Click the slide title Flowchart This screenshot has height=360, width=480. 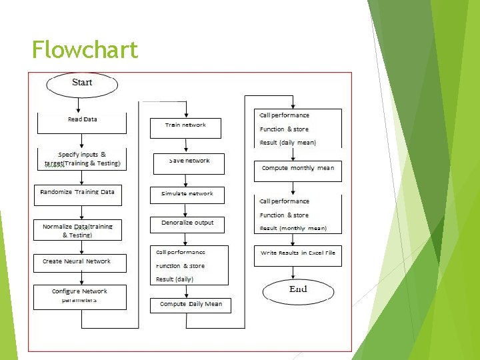pos(85,49)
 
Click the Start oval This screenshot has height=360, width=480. pos(82,83)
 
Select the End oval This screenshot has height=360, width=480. pos(297,289)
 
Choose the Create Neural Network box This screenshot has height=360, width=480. pos(77,262)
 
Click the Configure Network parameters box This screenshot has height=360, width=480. pos(79,296)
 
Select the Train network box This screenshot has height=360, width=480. pos(186,126)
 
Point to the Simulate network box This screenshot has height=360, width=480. pos(187,194)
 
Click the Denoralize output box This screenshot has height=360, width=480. pos(187,224)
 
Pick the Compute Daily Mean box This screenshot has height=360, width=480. pos(190,305)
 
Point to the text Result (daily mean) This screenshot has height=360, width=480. pos(288,143)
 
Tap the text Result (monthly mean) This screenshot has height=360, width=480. pos(293,228)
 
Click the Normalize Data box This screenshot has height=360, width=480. pos(78,231)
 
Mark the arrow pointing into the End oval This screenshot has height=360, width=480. pos(293,273)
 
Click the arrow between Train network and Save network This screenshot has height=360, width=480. pos(187,146)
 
